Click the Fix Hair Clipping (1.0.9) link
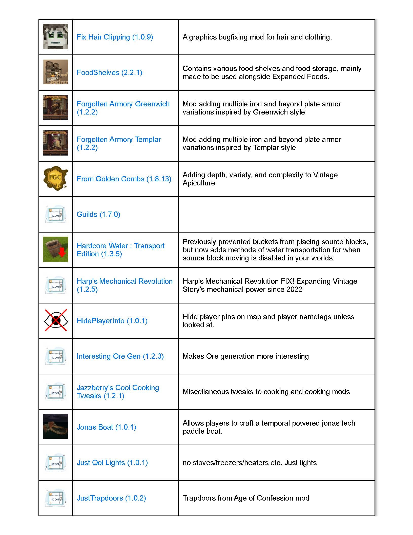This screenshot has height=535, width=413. click(115, 37)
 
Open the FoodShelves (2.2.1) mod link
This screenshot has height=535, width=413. click(109, 72)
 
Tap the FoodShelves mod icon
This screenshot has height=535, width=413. click(56, 72)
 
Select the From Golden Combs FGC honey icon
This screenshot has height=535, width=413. click(55, 178)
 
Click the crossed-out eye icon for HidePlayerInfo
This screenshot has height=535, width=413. click(56, 320)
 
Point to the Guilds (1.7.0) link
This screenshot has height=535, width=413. click(98, 214)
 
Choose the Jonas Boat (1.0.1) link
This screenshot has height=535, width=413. click(106, 427)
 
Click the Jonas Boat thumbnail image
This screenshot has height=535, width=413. click(56, 427)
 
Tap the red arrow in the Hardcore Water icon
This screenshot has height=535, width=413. click(62, 252)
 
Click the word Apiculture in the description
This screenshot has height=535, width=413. click(199, 183)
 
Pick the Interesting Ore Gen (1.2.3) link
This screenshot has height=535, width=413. click(120, 356)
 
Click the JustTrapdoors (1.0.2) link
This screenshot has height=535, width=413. click(111, 498)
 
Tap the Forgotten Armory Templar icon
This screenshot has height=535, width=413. click(56, 143)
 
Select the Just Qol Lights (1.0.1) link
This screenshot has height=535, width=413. click(112, 463)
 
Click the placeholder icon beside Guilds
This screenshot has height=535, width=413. click(56, 214)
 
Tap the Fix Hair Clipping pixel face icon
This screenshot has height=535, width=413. click(56, 36)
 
